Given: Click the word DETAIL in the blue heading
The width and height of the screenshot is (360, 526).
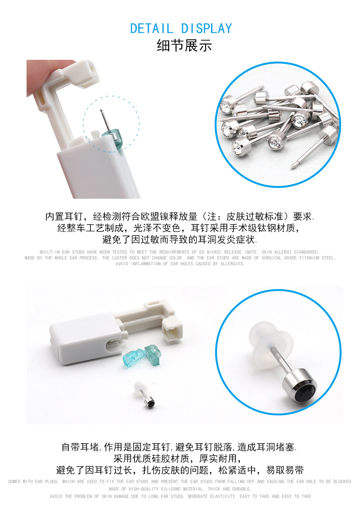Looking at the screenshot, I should (x=151, y=28).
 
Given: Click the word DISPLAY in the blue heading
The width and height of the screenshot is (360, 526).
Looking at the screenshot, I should (x=207, y=28).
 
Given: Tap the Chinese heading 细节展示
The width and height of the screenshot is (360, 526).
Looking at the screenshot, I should (x=184, y=46).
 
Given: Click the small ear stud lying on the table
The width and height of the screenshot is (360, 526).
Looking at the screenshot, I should (x=145, y=397).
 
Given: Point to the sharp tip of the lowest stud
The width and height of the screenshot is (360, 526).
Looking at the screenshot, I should (x=292, y=167).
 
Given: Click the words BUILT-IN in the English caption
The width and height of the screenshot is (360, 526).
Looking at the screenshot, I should (x=49, y=252).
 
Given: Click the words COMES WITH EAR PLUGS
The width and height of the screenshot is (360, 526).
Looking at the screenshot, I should (x=33, y=482).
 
